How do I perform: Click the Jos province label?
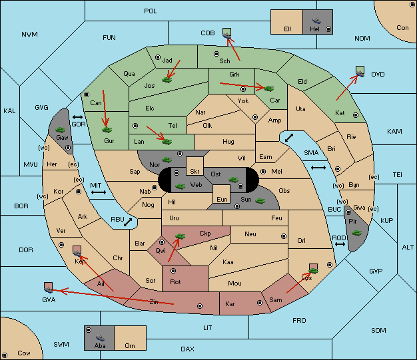point(149,86)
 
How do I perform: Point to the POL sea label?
point(151,11)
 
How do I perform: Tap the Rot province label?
point(176,281)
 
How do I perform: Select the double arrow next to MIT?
point(99,192)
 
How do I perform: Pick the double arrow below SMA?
point(318,168)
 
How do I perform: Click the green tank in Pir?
point(356,233)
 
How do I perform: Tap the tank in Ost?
point(233,179)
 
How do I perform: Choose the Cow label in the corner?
point(24,353)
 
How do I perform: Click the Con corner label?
point(402,28)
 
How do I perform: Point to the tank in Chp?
point(179,236)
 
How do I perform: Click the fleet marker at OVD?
point(360,69)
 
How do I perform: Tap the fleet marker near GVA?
point(48,287)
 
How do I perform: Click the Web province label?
point(196,184)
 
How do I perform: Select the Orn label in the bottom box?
point(130,346)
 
